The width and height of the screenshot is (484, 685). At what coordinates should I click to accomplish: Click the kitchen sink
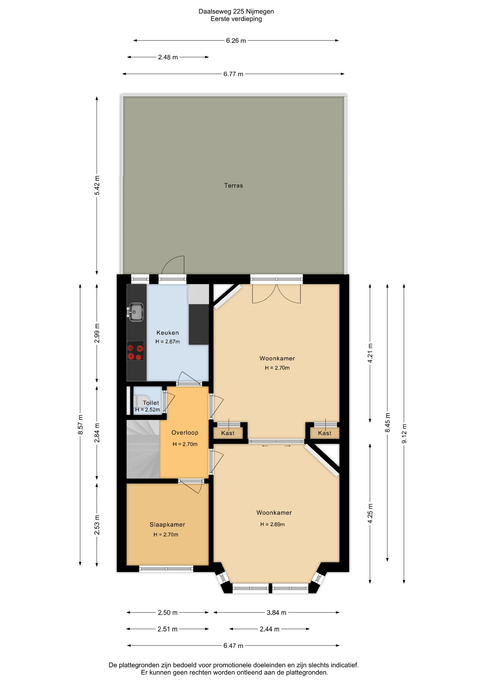(x=135, y=312)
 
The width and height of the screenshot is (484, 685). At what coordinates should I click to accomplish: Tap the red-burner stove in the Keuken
(x=135, y=351)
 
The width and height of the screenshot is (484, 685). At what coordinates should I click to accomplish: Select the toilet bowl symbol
(x=141, y=401)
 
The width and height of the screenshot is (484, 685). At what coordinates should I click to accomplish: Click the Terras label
(x=233, y=186)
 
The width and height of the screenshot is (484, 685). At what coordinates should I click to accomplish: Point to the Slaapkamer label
(x=167, y=524)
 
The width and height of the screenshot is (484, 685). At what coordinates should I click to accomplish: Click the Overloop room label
(x=185, y=432)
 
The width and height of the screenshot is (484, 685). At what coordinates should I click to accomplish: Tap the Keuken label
(x=168, y=333)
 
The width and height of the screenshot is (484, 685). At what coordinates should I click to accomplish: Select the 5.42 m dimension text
(x=97, y=185)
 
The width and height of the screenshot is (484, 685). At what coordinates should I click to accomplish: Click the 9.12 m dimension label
(x=404, y=433)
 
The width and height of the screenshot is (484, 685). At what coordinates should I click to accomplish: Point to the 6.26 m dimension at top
(x=236, y=41)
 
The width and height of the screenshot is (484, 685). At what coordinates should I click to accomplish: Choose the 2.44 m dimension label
(x=269, y=629)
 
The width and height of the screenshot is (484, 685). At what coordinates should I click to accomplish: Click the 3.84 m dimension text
(x=276, y=613)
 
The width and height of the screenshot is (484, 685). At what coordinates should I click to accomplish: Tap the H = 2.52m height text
(x=148, y=410)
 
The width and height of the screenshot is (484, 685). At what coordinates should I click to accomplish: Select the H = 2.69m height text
(x=272, y=524)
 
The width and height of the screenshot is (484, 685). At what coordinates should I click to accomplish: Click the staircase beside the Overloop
(x=143, y=449)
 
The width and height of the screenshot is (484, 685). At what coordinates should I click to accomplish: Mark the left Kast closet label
(x=228, y=433)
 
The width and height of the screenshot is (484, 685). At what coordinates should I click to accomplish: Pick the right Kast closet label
(x=325, y=433)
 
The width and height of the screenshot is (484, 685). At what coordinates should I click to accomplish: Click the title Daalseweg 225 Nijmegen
(x=236, y=11)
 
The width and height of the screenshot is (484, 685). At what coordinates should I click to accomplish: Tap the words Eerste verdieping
(x=236, y=19)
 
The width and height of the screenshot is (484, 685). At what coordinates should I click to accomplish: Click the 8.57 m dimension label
(x=81, y=425)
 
